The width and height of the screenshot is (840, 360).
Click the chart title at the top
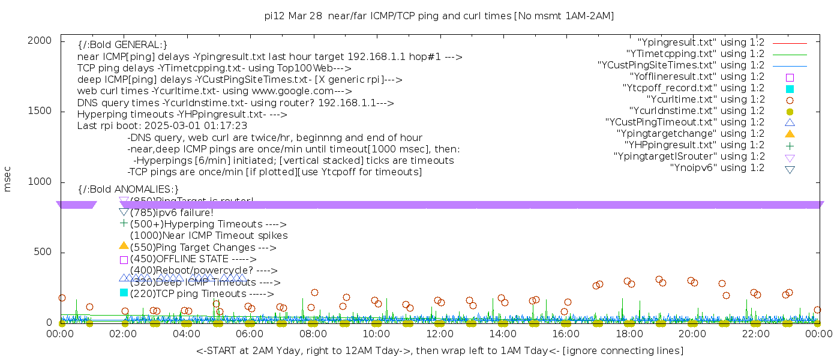coord(439,16)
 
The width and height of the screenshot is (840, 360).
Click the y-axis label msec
coord(8,181)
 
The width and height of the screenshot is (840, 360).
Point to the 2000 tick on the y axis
coord(43,40)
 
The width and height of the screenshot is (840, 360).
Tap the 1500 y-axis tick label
coord(43,111)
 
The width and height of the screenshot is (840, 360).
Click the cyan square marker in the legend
coord(790,89)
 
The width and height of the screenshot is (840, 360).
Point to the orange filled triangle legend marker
coord(790,134)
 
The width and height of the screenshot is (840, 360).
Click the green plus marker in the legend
coord(790,145)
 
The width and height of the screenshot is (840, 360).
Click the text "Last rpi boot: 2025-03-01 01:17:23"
coord(162,126)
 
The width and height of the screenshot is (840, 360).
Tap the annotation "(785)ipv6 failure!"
coord(172,212)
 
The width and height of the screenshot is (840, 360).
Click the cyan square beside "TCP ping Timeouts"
coord(124,293)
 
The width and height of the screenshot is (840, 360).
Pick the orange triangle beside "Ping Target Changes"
coord(124,245)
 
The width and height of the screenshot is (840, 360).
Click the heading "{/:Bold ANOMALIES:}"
coord(128,190)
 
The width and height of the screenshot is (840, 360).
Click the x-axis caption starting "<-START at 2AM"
coord(439,350)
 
